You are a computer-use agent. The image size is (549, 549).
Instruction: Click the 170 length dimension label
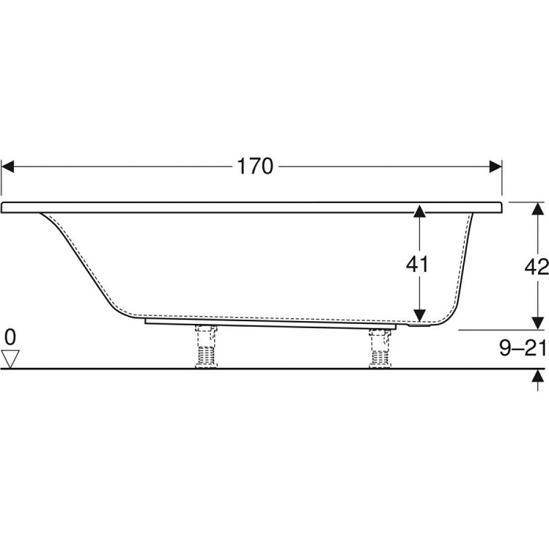[x=255, y=166]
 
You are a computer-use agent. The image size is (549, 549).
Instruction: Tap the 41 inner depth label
[x=417, y=264]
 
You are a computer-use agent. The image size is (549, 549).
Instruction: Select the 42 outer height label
[x=536, y=267]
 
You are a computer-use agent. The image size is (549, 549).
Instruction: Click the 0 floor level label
[x=10, y=338]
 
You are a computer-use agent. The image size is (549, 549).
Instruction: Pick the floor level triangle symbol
[x=10, y=359]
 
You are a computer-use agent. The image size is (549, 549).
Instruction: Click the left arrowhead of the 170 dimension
[x=8, y=167]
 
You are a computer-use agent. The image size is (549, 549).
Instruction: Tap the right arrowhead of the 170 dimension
[x=495, y=167]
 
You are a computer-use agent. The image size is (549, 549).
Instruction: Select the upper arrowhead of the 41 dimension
[x=419, y=211]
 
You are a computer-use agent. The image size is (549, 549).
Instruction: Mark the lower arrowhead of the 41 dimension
[x=419, y=315]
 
